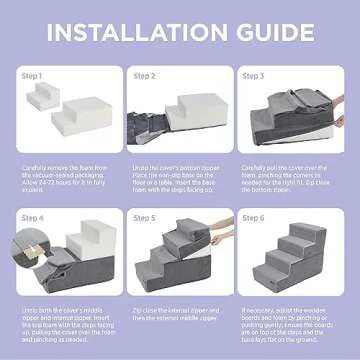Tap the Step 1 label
33,75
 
